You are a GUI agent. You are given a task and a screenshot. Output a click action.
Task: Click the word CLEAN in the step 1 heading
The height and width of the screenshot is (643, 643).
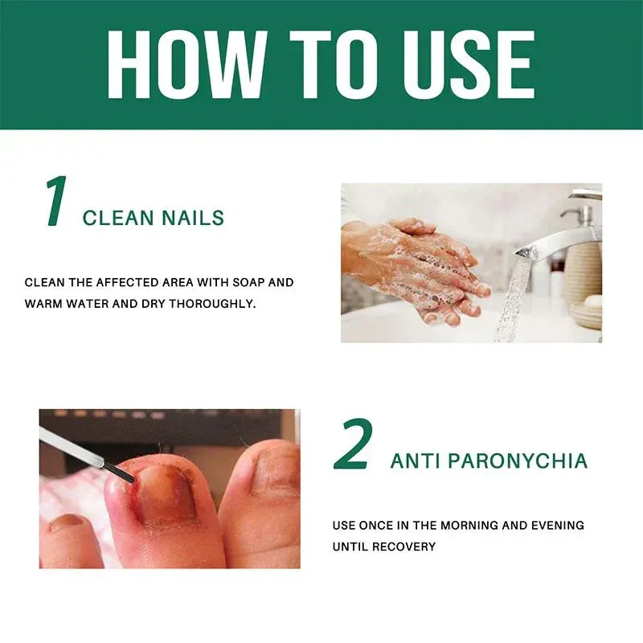tap(112, 218)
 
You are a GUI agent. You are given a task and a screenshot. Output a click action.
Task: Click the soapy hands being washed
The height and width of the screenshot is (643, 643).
tap(418, 265)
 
